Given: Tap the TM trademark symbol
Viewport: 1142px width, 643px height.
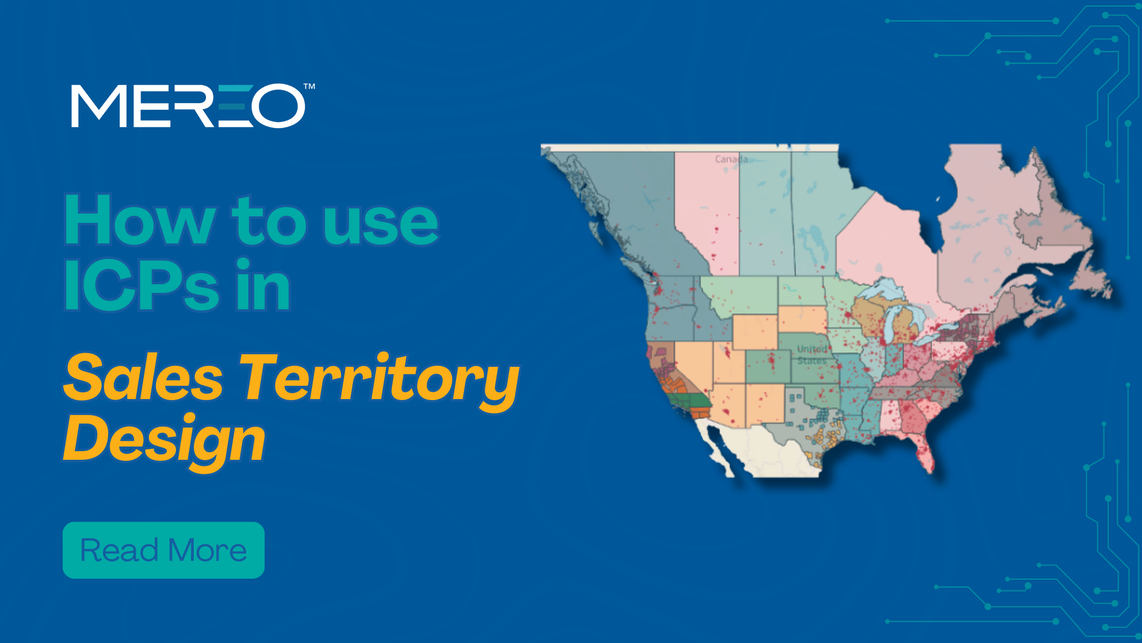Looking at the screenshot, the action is pyautogui.click(x=309, y=87).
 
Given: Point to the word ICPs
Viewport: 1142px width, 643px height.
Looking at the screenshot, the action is pyautogui.click(x=142, y=284).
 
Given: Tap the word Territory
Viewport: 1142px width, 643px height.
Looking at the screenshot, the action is pyautogui.click(x=380, y=382).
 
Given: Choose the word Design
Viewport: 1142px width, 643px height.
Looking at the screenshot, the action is pyautogui.click(x=164, y=440).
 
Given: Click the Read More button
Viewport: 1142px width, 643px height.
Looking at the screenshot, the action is pyautogui.click(x=164, y=550).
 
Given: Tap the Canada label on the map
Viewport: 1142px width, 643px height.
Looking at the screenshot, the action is pyautogui.click(x=731, y=159).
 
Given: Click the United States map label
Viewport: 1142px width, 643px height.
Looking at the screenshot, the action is pyautogui.click(x=812, y=355).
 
